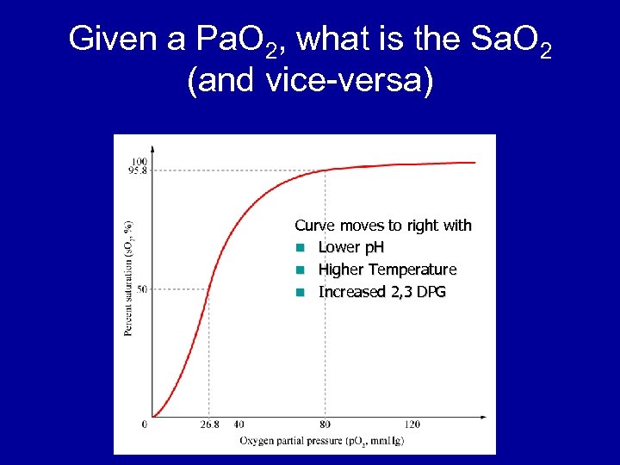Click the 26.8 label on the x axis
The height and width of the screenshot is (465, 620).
[x=209, y=425]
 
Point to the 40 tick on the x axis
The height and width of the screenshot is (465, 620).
[x=239, y=425]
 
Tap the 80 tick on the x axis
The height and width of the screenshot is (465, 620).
[x=325, y=425]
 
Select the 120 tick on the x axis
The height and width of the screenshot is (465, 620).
[x=412, y=425]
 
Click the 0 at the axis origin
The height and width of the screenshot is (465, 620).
[x=145, y=424]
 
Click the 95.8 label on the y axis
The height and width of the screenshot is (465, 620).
[x=137, y=170]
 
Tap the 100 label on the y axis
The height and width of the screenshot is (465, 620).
[x=139, y=162]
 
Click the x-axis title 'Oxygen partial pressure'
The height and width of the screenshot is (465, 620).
[x=293, y=441]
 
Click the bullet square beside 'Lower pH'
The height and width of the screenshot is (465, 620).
[x=300, y=248]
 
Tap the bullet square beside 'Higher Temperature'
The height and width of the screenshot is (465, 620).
[x=300, y=270]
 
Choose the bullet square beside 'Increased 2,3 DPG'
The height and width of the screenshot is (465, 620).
[x=300, y=293]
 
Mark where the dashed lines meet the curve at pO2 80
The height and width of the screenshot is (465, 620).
[x=325, y=170]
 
